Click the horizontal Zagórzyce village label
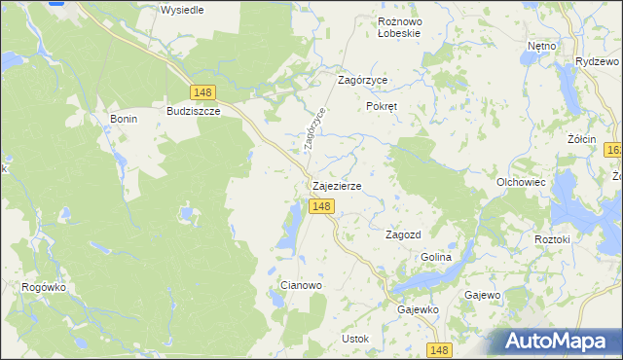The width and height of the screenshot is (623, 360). click(x=362, y=83)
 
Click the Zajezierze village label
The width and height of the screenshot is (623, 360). click(x=337, y=186)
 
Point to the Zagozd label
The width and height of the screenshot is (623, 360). click(x=403, y=235)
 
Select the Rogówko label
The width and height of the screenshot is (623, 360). click(x=42, y=287)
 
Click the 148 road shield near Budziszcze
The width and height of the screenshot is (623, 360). click(x=202, y=92)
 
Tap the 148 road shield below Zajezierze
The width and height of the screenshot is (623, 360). click(x=323, y=206)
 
